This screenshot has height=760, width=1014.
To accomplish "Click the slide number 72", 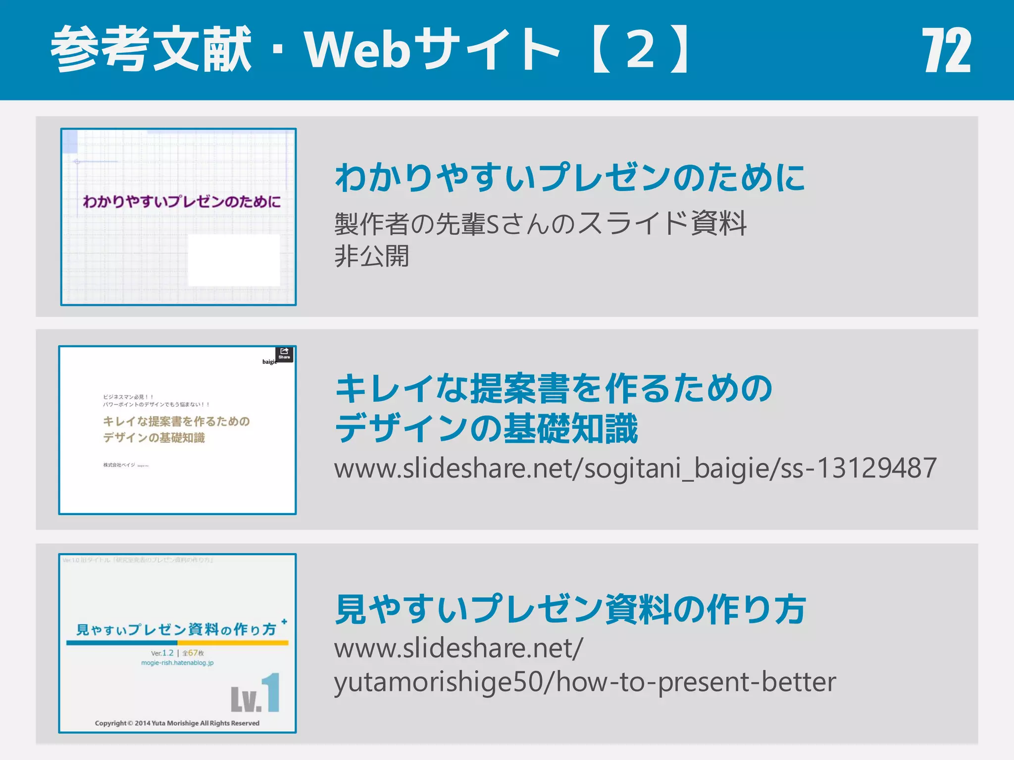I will click(946, 50).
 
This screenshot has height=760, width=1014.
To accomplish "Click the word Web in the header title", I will click(357, 50).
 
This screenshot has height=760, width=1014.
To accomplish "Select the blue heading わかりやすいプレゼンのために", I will click(570, 178).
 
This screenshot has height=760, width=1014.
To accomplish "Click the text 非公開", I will click(372, 256).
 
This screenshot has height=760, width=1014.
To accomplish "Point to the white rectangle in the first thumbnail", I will click(234, 260).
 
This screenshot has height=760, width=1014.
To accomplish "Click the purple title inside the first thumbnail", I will click(181, 202).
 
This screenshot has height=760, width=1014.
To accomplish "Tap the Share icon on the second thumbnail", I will click(284, 354).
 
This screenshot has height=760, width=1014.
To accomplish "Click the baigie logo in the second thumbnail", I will click(269, 362).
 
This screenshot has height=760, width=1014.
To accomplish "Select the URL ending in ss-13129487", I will click(635, 468).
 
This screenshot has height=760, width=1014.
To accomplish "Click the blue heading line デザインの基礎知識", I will click(487, 428).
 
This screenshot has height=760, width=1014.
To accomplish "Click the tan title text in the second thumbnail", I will click(176, 429).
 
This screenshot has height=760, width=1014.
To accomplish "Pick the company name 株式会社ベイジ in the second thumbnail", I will click(119, 465).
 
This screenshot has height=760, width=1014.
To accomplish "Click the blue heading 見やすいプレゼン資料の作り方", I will click(570, 610).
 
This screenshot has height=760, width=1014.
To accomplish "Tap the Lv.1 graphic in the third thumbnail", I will click(255, 694).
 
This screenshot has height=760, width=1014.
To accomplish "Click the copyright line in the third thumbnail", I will click(177, 723).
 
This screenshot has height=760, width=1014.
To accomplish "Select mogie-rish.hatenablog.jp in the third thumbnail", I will click(177, 663).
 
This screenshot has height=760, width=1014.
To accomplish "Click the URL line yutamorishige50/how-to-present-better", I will click(585, 682).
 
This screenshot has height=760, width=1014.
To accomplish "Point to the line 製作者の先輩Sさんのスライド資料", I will click(540, 224).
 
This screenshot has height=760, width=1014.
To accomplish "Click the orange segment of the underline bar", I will click(233, 643).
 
